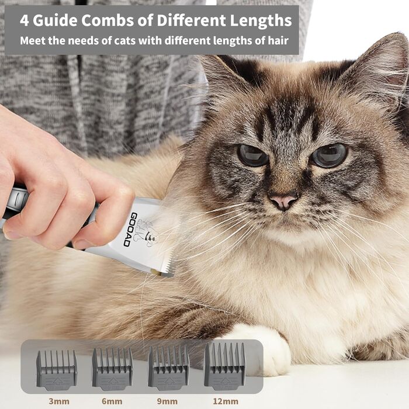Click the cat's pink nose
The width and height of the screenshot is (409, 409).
point(283,202)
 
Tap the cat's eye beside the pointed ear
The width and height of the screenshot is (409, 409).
point(329,155)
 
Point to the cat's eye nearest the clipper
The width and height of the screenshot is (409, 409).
point(252,155)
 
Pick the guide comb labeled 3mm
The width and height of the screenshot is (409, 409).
point(56,370)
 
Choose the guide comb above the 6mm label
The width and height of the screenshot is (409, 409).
point(112,369)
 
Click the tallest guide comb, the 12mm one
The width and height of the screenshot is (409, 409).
point(224,366)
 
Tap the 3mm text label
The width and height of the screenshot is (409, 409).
point(59,401)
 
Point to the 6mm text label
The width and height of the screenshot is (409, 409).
point(112,401)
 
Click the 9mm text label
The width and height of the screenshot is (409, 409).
point(168,401)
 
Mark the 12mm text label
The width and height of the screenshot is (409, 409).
point(226,401)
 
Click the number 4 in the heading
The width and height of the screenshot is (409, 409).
point(25,20)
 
